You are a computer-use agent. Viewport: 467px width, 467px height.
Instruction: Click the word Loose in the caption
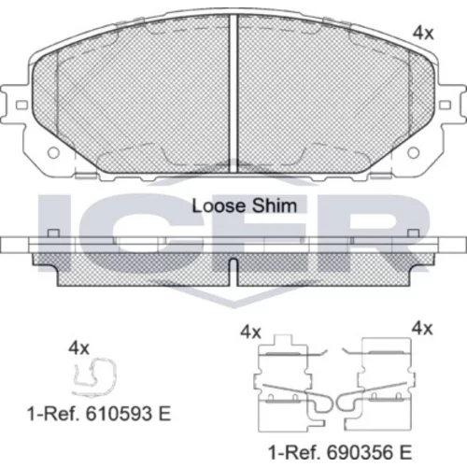219,206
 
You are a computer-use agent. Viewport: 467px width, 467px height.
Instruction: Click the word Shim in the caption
275,206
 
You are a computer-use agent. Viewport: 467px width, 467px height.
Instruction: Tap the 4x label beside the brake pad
423,33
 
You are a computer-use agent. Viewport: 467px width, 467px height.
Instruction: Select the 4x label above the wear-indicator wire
78,348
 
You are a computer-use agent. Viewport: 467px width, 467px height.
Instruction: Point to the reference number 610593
120,414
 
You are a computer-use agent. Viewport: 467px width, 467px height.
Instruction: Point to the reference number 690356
361,452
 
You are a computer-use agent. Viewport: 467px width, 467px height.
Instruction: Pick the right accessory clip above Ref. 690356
378,385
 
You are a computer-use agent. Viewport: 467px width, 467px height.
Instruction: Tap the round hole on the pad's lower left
53,153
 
